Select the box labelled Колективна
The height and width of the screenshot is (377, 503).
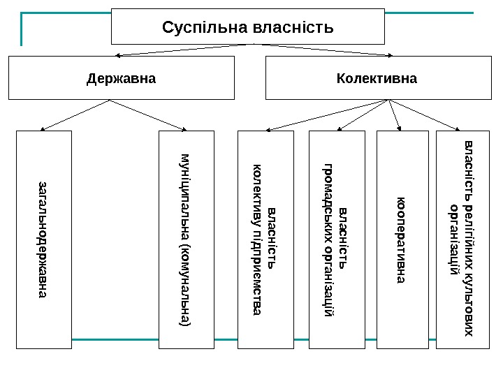coord(377,78)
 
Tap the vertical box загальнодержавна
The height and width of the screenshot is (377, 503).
coord(44,239)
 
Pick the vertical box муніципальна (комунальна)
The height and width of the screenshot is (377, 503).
coord(185,239)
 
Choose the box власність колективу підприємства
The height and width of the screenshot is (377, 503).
coord(266,239)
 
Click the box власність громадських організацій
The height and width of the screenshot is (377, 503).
coord(337,239)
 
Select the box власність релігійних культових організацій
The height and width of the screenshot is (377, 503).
coord(463,239)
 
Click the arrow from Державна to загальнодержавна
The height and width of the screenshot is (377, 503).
coord(75,114)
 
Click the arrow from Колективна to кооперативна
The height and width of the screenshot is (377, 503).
coord(395,115)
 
